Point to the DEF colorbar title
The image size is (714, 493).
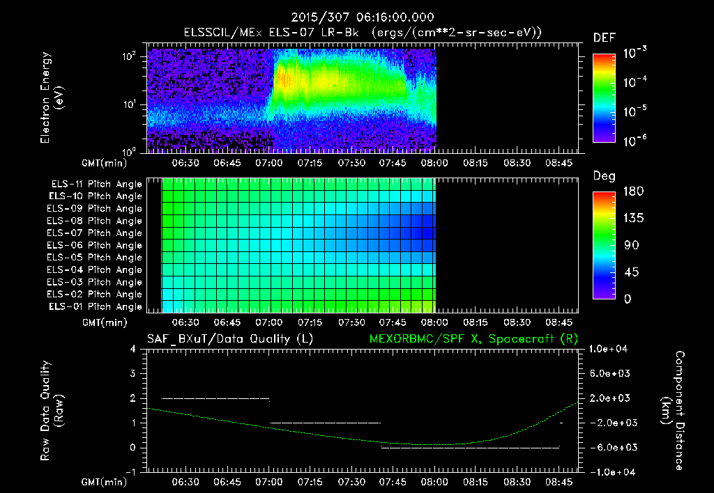604,38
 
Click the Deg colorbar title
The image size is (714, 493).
604,176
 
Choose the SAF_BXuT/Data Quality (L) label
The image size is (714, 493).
229,338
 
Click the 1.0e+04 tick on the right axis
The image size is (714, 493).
609,349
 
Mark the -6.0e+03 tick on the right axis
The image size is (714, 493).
609,447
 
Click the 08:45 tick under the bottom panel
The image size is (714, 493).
559,482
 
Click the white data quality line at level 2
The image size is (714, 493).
215,398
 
